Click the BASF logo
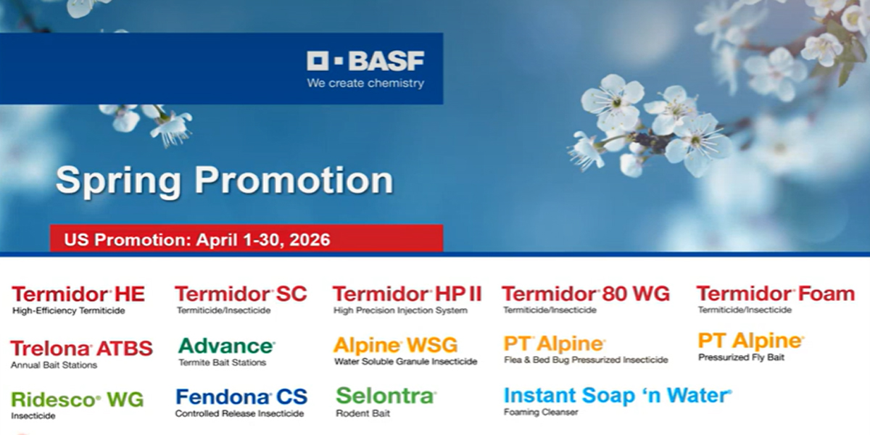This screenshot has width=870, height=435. click(365, 61)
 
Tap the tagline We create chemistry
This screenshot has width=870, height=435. click(365, 83)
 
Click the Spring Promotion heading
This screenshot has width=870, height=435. click(224, 181)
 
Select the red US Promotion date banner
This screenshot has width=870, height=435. click(246, 239)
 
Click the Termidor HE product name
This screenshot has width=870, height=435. click(78, 294)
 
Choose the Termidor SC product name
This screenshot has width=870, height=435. click(241, 294)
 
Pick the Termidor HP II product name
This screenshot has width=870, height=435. click(407, 294)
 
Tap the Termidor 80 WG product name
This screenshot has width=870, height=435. click(586, 294)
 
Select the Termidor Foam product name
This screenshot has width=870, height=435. click(775, 294)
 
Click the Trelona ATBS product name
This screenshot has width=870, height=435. click(82, 349)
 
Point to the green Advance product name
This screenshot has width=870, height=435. click(226, 347)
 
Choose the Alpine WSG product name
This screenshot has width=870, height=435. click(396, 346)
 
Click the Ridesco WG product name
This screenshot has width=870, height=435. click(78, 399)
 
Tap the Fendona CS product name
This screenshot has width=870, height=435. click(241, 397)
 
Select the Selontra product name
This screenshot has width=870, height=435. click(386, 396)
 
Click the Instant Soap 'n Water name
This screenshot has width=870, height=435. click(617, 396)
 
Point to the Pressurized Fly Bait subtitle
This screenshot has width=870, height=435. click(742, 357)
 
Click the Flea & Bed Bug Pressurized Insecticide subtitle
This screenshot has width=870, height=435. click(586, 360)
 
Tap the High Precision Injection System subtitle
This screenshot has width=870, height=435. click(401, 310)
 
